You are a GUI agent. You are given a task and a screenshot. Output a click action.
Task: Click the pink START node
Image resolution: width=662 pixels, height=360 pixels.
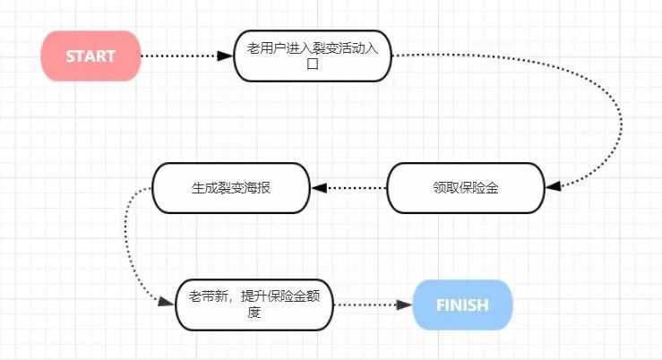tap(90, 56)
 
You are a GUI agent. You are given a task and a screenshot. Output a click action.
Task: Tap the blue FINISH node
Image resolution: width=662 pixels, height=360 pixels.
tap(462, 305)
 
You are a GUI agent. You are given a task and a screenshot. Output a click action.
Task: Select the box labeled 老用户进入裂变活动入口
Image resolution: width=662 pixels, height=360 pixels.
tap(313, 56)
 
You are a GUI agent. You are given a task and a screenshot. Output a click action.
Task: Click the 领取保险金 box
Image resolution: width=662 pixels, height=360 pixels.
tap(465, 188)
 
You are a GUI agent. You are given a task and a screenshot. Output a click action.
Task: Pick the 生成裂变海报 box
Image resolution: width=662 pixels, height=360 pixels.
tap(231, 188)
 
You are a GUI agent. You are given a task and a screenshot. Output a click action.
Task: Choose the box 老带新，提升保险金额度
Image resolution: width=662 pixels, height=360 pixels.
tap(254, 305)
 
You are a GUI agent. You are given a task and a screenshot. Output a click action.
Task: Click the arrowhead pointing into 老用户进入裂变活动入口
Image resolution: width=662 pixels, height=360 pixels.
tap(225, 56)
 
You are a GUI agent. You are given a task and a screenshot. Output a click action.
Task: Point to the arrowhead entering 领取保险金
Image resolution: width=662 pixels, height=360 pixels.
tap(553, 186)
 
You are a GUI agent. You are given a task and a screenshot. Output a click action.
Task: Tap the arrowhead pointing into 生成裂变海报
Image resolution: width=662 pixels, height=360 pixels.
tap(319, 188)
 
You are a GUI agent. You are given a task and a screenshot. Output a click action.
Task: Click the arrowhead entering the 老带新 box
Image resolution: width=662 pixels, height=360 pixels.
tap(165, 303)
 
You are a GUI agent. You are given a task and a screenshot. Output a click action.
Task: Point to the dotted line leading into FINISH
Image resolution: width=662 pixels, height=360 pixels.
tap(367, 305)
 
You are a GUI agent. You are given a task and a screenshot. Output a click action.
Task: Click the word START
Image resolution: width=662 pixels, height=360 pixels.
tap(90, 56)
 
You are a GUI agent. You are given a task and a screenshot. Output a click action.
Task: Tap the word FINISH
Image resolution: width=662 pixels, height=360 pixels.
tap(462, 305)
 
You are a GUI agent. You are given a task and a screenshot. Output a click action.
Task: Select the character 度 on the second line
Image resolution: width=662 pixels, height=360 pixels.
tap(254, 313)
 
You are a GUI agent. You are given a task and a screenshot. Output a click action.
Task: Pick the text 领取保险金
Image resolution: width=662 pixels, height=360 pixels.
tap(465, 188)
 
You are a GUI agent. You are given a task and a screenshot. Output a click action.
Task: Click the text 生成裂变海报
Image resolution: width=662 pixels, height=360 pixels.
tap(231, 188)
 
